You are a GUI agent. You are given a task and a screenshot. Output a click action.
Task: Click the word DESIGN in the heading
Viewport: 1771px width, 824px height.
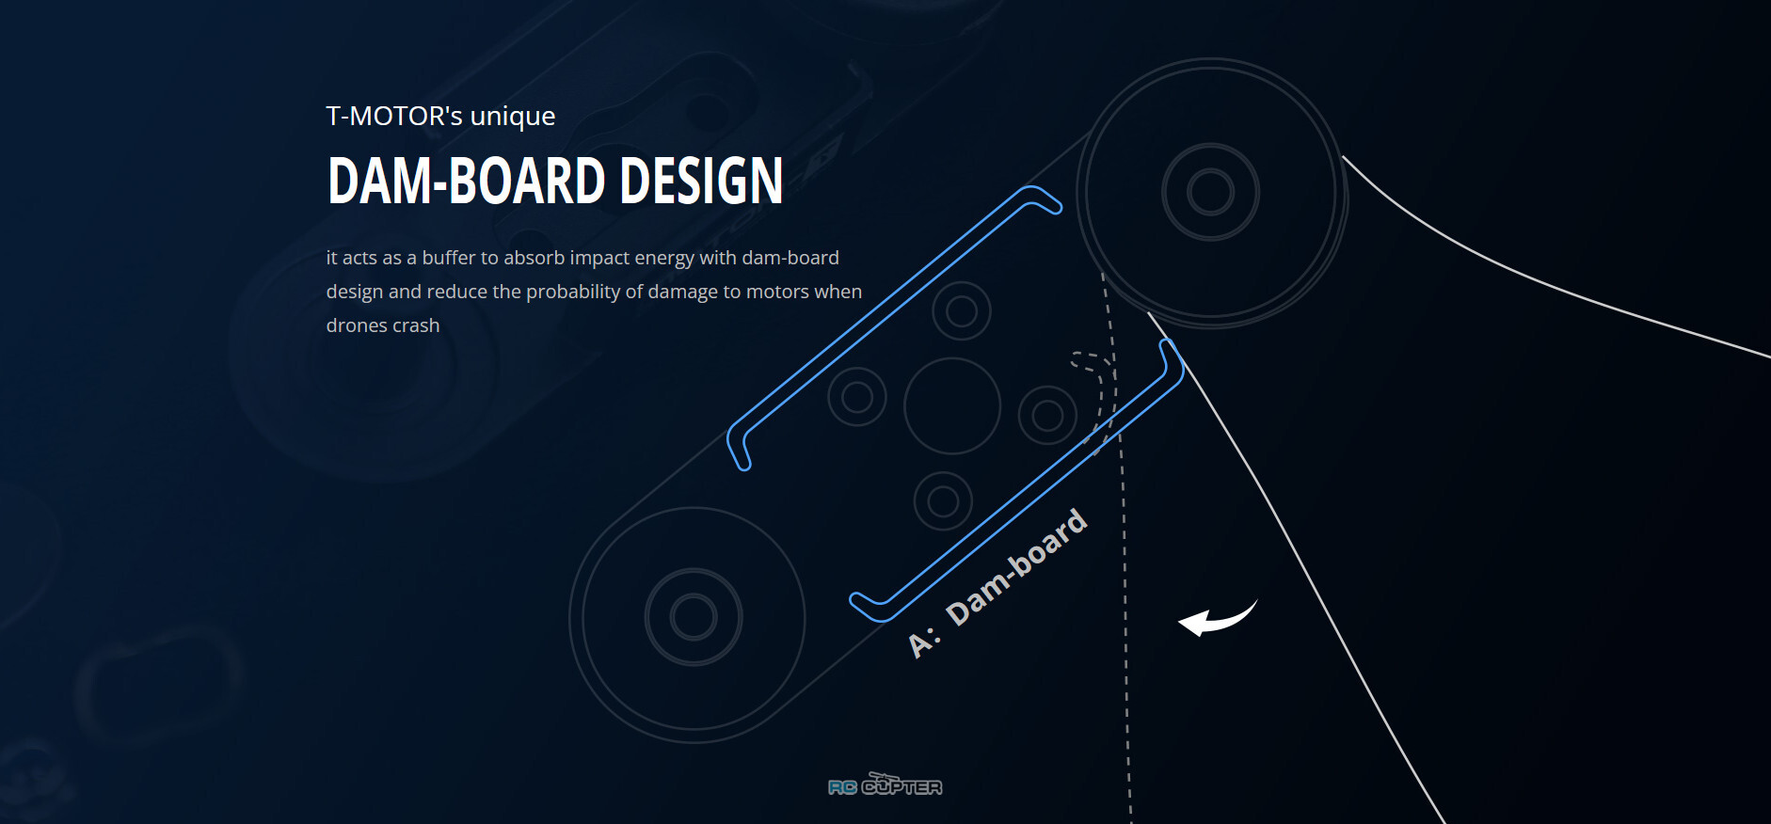(701, 181)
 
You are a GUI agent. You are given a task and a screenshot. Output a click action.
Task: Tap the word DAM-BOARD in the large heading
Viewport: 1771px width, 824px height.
(466, 181)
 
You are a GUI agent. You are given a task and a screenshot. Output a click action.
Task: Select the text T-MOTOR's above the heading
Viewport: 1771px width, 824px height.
(394, 116)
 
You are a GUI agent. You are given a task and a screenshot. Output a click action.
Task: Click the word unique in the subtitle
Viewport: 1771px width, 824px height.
(513, 118)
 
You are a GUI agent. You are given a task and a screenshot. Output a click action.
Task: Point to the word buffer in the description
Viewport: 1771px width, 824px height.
(448, 258)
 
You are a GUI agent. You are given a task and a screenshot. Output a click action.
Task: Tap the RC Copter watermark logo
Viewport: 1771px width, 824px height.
(885, 784)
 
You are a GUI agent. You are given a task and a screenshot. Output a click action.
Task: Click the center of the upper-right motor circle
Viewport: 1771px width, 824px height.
(1211, 193)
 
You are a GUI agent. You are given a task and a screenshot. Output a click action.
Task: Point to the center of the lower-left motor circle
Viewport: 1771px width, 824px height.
(694, 618)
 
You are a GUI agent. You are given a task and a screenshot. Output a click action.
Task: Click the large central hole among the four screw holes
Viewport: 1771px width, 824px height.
(952, 405)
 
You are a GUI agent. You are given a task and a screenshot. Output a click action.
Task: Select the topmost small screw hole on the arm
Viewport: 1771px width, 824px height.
(962, 310)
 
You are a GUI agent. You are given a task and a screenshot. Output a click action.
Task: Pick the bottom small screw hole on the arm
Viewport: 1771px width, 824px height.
(943, 501)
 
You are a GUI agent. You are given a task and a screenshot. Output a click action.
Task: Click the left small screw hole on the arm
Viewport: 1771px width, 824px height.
(857, 396)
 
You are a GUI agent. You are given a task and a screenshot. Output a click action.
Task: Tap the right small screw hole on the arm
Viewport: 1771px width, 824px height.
(1047, 415)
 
